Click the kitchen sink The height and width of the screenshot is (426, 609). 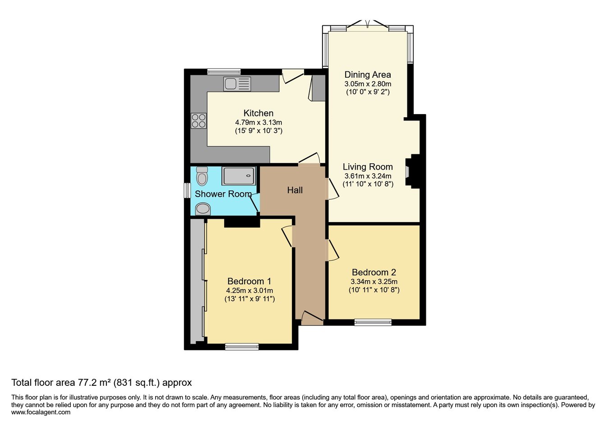pyautogui.click(x=237, y=84)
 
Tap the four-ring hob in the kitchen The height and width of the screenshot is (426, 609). pyautogui.click(x=198, y=121)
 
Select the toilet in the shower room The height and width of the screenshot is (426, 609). pyautogui.click(x=202, y=176)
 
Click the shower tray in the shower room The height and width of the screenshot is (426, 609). pyautogui.click(x=239, y=176)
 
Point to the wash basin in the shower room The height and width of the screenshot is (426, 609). pyautogui.click(x=203, y=208)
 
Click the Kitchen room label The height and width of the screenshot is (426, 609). pyautogui.click(x=258, y=113)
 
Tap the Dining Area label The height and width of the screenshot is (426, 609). pyautogui.click(x=368, y=74)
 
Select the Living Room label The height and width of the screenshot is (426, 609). pyautogui.click(x=368, y=167)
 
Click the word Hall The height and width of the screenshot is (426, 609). pyautogui.click(x=295, y=190)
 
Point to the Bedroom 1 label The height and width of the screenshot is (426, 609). pyautogui.click(x=249, y=281)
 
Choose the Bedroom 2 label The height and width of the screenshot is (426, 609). pyautogui.click(x=374, y=272)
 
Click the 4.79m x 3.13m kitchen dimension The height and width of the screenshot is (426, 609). pyautogui.click(x=258, y=122)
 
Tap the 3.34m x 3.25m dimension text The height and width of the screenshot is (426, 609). pyautogui.click(x=374, y=281)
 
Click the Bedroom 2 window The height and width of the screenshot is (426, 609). pyautogui.click(x=373, y=322)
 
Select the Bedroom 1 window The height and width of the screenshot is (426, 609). pyautogui.click(x=242, y=347)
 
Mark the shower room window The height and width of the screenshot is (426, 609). pyautogui.click(x=187, y=190)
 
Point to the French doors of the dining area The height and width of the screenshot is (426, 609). pyautogui.click(x=368, y=25)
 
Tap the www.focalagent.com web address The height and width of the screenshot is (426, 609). pyautogui.click(x=41, y=412)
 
